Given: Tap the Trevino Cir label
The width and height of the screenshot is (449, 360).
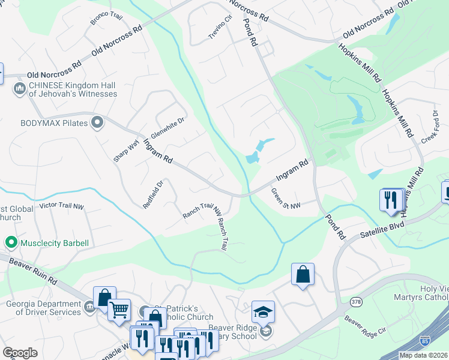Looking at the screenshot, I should tap(220, 27).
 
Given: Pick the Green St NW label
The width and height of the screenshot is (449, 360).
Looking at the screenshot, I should tap(285, 200).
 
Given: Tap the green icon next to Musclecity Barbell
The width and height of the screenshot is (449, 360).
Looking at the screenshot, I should tap(10, 243).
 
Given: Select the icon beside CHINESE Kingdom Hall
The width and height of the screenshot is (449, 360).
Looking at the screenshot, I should tap(19, 89).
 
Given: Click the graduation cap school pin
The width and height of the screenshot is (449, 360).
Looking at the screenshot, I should tap(263, 312).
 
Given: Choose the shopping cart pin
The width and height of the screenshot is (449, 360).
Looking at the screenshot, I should tap(119, 310).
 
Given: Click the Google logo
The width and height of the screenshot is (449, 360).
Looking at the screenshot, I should tap(20, 353).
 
